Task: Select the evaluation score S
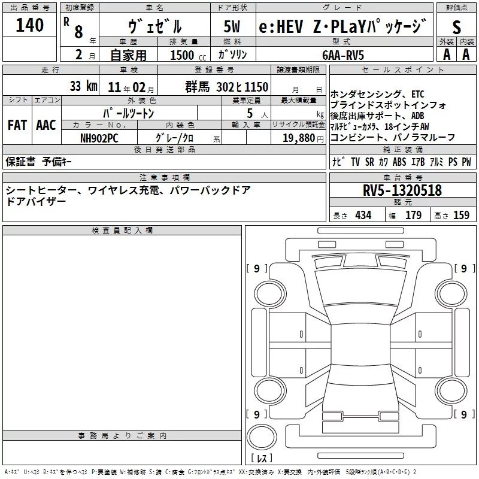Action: [x=457, y=28]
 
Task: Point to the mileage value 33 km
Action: [x=83, y=86]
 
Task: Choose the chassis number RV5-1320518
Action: [x=402, y=190]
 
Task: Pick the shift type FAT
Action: [x=17, y=125]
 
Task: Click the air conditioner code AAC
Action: [x=46, y=125]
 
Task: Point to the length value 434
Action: [x=363, y=216]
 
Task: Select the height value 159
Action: [x=461, y=216]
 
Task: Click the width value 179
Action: [x=413, y=216]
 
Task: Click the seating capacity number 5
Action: [x=248, y=113]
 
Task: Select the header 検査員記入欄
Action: [x=122, y=231]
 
